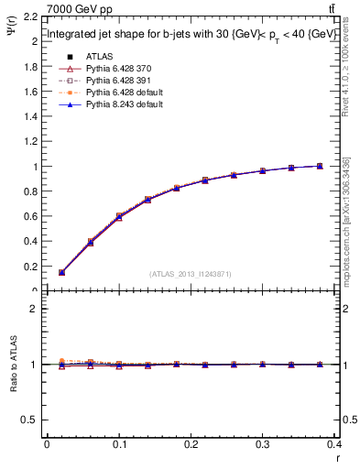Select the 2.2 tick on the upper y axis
click(30, 17)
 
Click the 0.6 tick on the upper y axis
click(30, 217)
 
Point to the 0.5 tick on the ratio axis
click(30, 420)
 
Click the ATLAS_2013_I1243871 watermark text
click(191, 274)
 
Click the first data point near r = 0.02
click(61, 272)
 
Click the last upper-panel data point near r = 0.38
click(320, 166)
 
